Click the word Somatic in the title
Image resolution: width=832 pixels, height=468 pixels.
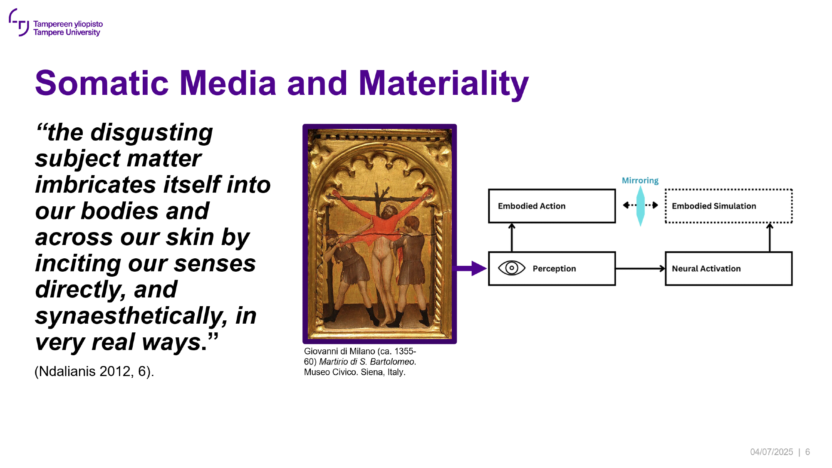[x=102, y=83]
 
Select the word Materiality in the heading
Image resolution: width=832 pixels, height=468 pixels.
[x=443, y=84]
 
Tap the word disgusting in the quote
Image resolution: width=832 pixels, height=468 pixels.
[x=152, y=133]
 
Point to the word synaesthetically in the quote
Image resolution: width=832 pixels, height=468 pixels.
[x=131, y=316]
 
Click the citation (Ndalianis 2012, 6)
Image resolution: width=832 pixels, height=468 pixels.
[x=94, y=371]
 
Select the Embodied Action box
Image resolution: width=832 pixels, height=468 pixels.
[x=552, y=206]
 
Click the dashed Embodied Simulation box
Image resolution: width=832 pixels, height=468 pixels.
[x=728, y=206]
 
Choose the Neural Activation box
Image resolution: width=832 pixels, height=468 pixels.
[x=728, y=268]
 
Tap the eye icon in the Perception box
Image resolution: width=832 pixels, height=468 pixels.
[x=512, y=268]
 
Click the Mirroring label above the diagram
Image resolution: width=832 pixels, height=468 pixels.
[x=640, y=180]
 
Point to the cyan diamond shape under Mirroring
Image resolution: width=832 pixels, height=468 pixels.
[x=641, y=206]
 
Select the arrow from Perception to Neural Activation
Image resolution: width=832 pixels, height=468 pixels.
[x=641, y=269]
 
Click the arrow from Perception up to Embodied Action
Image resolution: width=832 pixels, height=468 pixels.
[x=512, y=238]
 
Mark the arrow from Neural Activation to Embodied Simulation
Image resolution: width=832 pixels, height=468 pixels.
[x=770, y=238]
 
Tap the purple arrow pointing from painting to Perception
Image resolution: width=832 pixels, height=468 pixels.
[x=472, y=268]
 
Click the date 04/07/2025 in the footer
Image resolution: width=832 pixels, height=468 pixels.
[x=772, y=452]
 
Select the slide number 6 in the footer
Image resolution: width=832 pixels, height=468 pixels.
[x=807, y=452]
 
